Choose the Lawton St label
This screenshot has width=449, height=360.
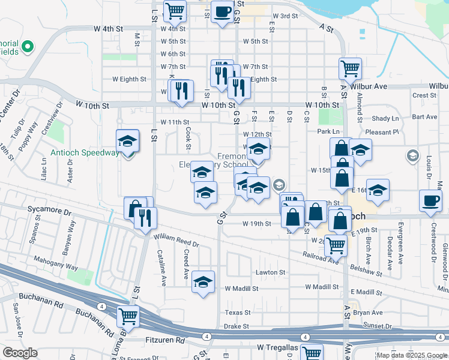(x=270, y=272)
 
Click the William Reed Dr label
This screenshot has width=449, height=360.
(x=177, y=241)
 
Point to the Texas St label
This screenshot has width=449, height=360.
(x=237, y=313)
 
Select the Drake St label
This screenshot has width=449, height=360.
(x=237, y=327)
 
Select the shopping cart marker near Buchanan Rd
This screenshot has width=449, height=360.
(x=128, y=316)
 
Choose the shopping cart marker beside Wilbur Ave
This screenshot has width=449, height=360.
(x=350, y=68)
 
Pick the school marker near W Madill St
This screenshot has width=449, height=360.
(x=203, y=281)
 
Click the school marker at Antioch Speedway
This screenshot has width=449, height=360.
(x=127, y=142)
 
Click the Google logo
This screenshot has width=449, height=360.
(x=19, y=353)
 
